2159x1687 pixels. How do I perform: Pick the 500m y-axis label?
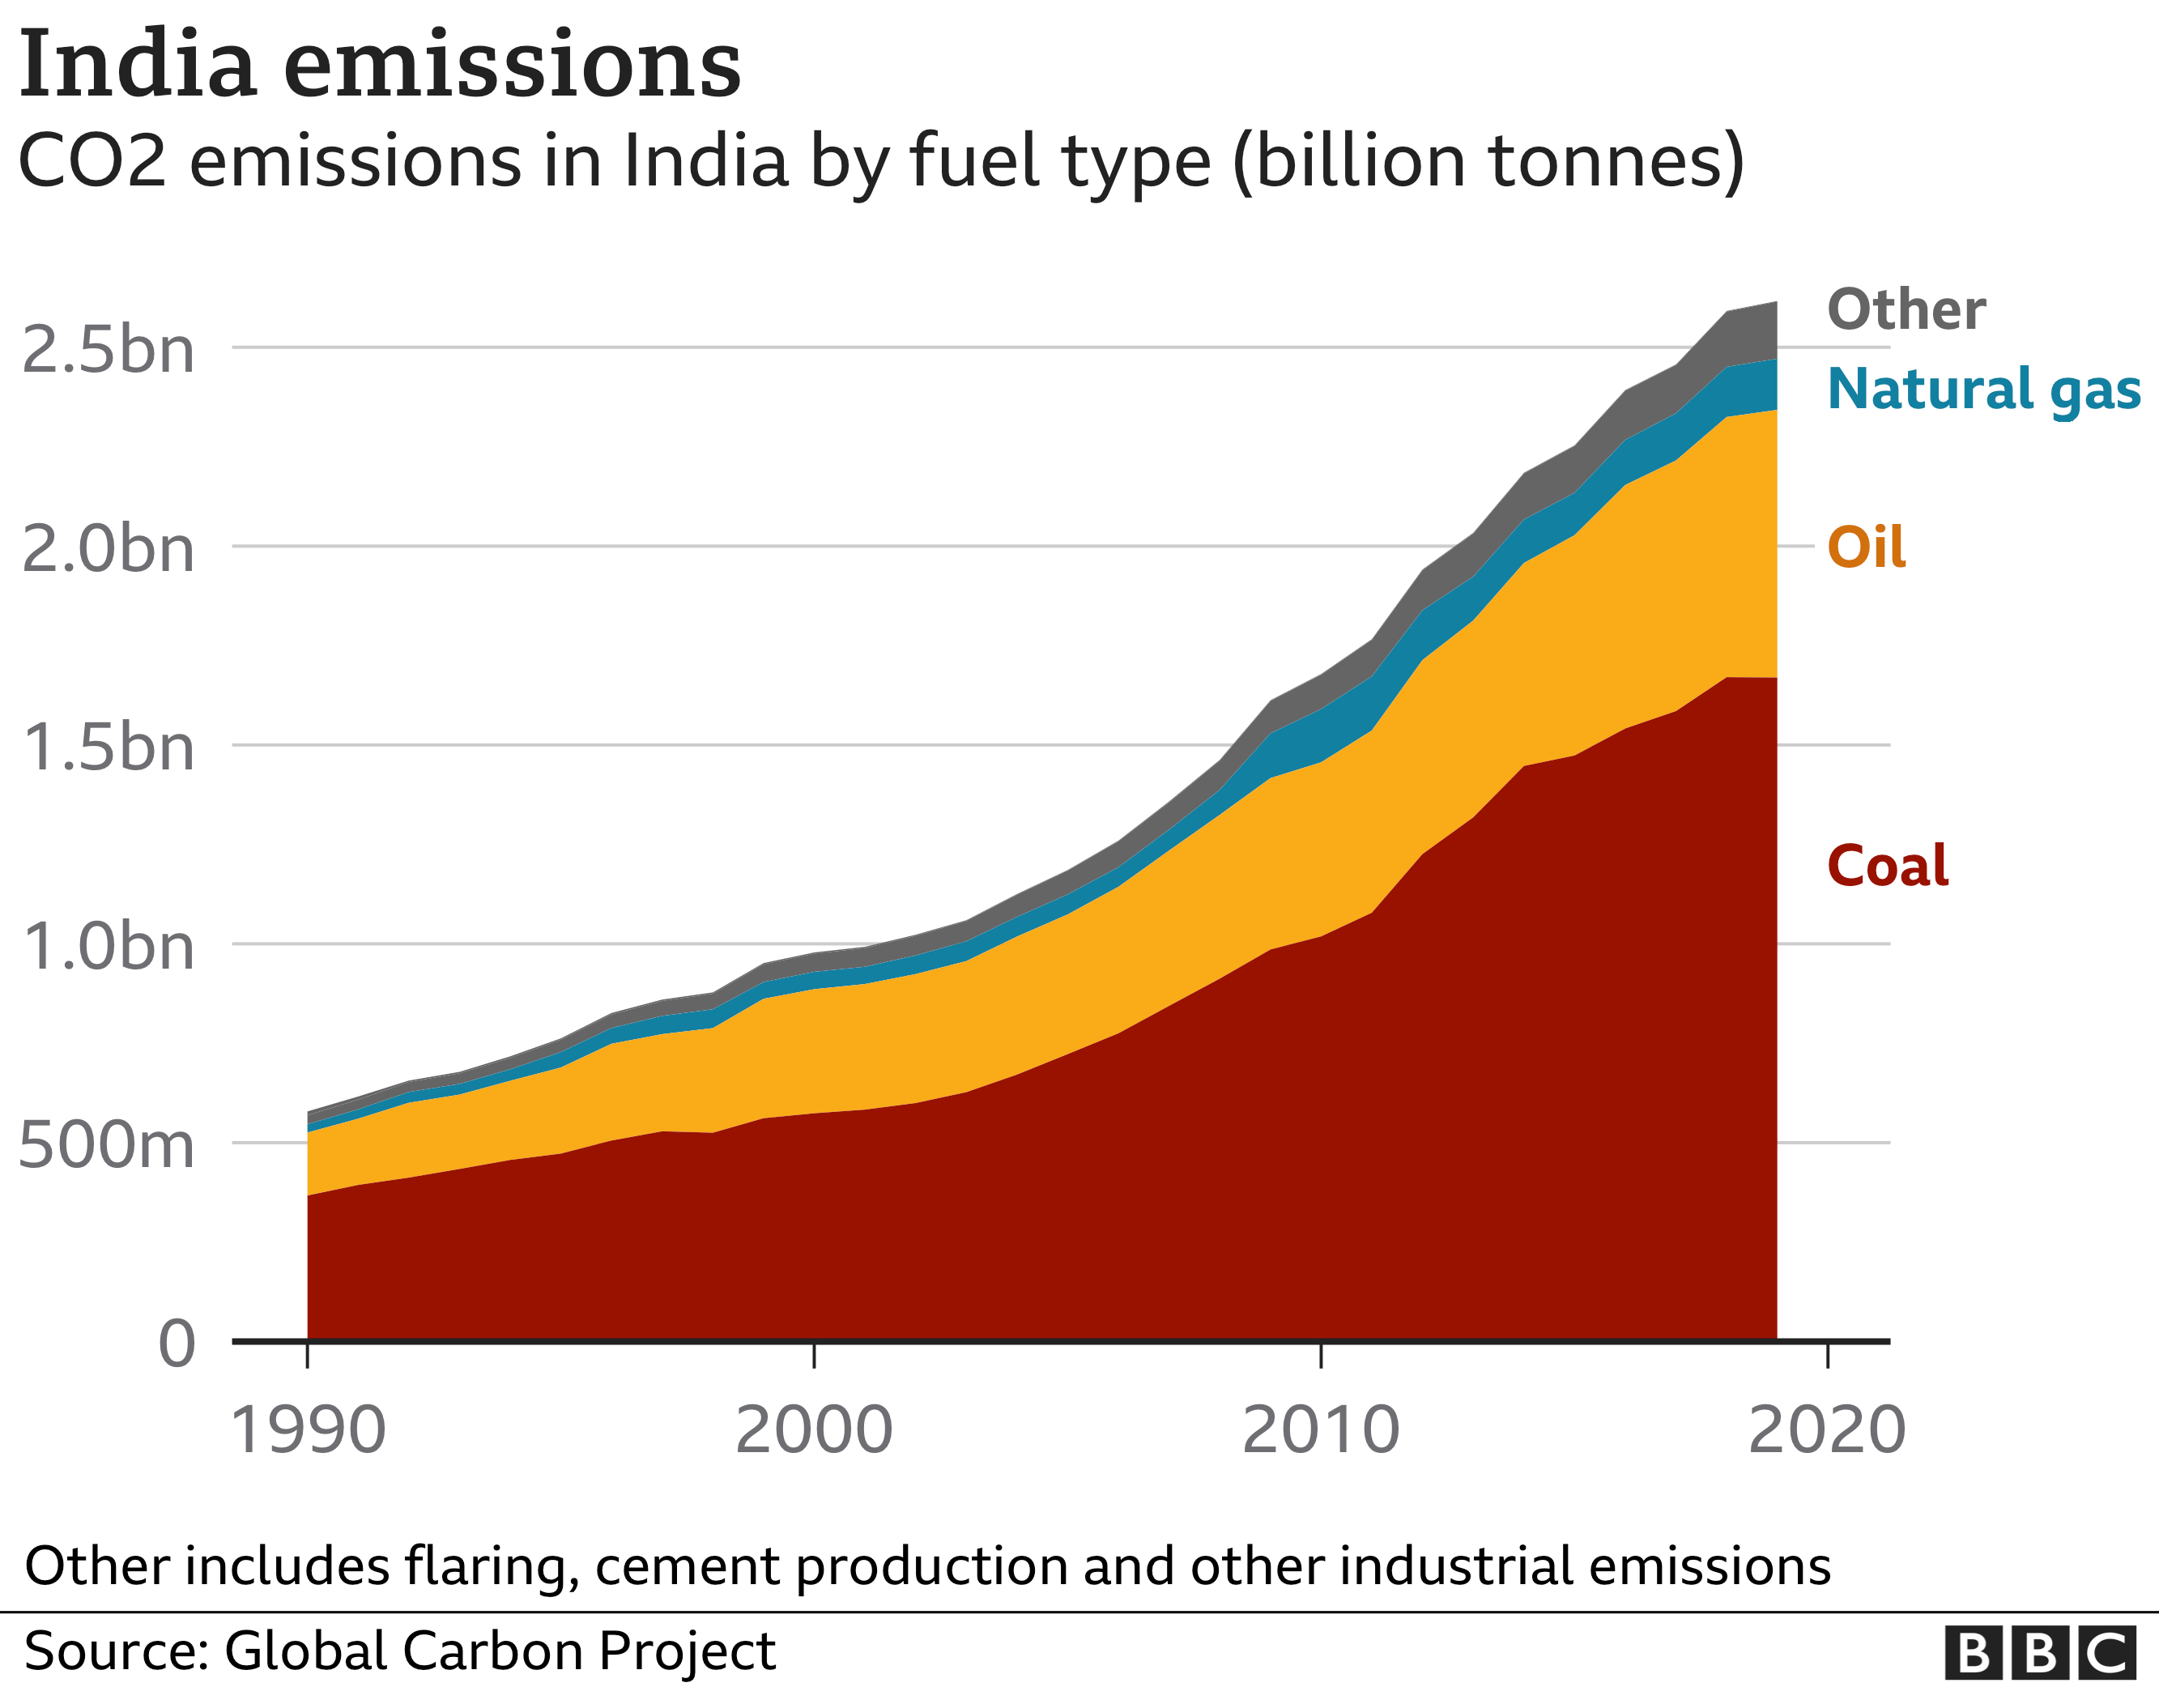[106, 1146]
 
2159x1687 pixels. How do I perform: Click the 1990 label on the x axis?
[308, 1430]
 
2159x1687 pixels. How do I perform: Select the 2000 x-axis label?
[814, 1430]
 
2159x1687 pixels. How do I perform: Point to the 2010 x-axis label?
[1321, 1430]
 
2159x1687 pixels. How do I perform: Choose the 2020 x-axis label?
[1827, 1430]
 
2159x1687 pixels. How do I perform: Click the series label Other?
[1906, 309]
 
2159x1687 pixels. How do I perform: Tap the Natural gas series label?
[1984, 390]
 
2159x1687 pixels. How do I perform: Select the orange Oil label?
[1865, 547]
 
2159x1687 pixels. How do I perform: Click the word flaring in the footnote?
[490, 1567]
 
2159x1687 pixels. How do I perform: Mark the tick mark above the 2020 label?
[1828, 1355]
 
